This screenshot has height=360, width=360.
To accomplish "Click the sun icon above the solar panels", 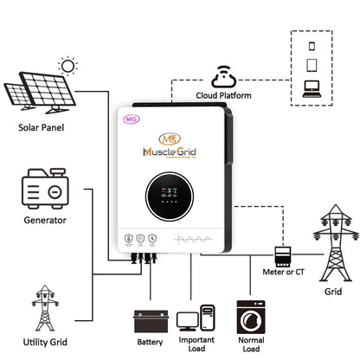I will point(67,65).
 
